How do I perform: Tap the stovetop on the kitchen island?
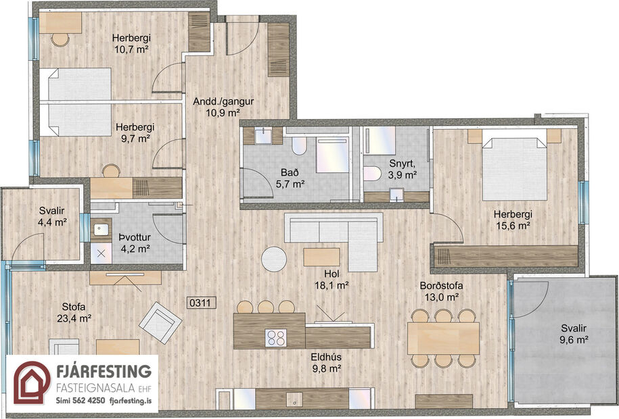276,337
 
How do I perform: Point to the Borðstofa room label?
439,291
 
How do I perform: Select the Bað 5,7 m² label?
289,177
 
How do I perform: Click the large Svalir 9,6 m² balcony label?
569,333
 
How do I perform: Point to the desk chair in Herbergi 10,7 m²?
60,39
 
